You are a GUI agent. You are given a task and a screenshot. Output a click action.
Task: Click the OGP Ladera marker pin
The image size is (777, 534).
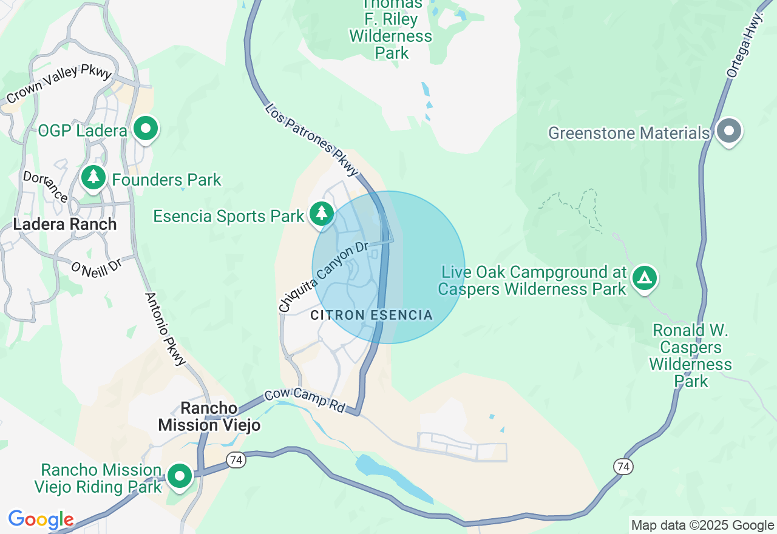pos(146,129)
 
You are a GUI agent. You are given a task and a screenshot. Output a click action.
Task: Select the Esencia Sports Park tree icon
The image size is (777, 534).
pos(321,214)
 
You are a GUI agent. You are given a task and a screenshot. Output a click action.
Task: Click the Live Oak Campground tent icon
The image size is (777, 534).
pos(644,278)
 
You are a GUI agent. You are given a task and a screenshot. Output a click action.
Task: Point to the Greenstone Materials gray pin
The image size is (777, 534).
pos(728,131)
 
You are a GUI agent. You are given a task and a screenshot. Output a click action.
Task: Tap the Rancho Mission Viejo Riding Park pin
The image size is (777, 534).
pos(180,476)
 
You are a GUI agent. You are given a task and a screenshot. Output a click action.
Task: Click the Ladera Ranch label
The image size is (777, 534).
pos(65,224)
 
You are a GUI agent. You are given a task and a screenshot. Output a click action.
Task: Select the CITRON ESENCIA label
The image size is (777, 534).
pos(372,315)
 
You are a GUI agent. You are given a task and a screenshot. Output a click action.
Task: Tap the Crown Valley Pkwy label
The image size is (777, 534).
pos(59,84)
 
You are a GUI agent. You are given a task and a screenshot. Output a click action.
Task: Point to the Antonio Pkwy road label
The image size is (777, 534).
pos(165,330)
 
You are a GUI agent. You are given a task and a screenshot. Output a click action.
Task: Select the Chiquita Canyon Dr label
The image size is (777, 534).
pos(324,277)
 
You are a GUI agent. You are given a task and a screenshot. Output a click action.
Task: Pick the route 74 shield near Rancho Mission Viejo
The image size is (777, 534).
pos(236,461)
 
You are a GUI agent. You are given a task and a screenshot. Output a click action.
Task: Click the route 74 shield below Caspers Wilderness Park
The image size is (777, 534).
pos(622,466)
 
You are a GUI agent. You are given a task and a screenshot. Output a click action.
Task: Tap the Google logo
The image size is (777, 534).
pos(41,519)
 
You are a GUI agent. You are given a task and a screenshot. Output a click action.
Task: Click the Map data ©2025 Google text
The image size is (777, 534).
pos(702,526)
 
